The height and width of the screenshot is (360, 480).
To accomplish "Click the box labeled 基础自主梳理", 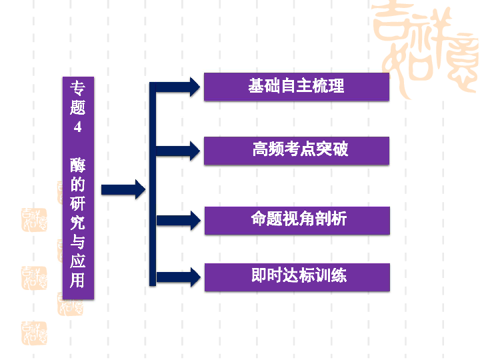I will [296, 87].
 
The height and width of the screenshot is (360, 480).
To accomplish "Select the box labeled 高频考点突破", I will [296, 150].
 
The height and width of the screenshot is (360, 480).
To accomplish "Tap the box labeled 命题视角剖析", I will [297, 220].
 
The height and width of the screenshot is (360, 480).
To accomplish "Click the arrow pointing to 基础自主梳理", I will [177, 87].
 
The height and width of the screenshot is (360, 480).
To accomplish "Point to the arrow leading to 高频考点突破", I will [177, 151].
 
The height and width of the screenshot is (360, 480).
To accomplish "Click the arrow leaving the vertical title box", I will [123, 189].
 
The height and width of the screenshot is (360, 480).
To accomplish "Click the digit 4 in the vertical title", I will [78, 127].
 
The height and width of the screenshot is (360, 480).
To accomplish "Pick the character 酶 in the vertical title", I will [78, 165].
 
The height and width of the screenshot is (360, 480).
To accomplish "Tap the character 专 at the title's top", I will [78, 88].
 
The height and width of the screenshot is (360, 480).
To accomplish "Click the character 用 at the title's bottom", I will [78, 280].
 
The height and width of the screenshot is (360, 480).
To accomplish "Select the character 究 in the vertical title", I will [78, 222].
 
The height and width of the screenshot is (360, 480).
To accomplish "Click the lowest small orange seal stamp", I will [34, 332].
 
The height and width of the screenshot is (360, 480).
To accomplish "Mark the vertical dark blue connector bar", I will [152, 183].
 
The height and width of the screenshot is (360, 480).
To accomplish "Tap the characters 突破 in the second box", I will [332, 149].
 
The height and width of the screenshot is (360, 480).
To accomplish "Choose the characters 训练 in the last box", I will [331, 275].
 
